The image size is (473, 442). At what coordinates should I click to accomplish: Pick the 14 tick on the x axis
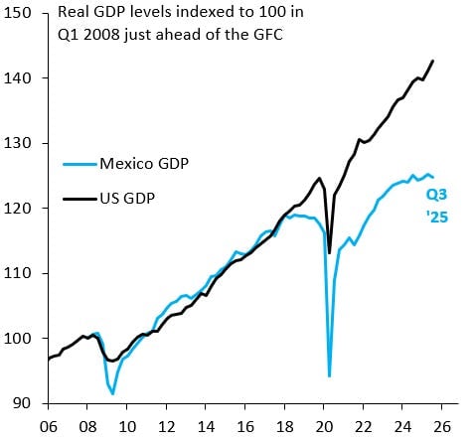coord(205,428)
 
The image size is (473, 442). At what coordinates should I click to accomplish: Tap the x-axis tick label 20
coord(323,428)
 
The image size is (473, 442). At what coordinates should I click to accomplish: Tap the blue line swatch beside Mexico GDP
coord(79,164)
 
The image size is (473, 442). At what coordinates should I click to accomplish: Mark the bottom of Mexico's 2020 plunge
coord(329,376)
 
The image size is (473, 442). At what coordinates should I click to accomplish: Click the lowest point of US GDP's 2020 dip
coord(329,253)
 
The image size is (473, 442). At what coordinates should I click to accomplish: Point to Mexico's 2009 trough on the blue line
coord(112,394)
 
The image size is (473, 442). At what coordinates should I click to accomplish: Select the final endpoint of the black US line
coord(432,61)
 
